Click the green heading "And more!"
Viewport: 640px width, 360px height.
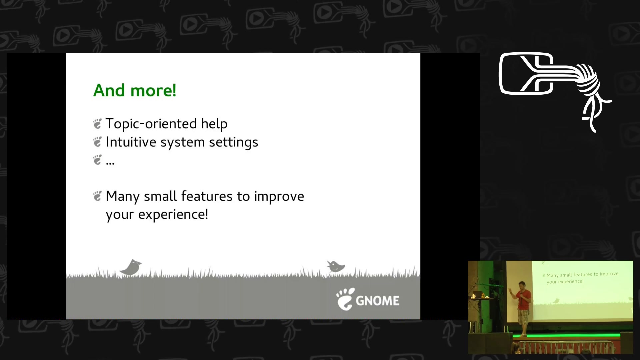tap(135, 90)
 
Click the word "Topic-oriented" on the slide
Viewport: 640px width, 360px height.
tap(151, 124)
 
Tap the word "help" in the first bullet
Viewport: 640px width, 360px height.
tap(214, 124)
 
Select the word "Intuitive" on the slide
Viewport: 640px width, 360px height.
tap(131, 142)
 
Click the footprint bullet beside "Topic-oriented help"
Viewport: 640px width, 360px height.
tap(97, 124)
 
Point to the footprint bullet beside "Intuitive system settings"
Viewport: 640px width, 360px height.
tap(97, 142)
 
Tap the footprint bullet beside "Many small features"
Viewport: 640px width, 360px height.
tap(97, 196)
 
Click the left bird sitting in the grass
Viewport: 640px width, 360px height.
tap(131, 267)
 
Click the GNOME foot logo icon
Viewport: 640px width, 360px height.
tap(345, 299)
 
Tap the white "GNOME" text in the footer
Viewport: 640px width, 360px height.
tap(378, 301)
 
